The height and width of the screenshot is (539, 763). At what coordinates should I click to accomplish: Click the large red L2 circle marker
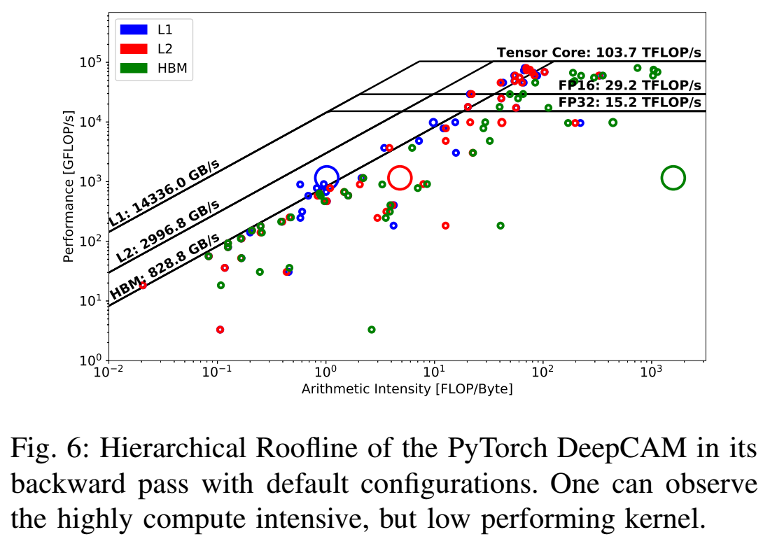coord(399,178)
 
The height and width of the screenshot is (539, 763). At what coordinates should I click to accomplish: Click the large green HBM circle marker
coord(673,178)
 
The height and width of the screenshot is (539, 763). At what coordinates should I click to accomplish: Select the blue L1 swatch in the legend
coord(134,30)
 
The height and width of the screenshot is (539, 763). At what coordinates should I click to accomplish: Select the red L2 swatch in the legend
coord(134,49)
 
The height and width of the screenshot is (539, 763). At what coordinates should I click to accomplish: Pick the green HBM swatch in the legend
coord(134,68)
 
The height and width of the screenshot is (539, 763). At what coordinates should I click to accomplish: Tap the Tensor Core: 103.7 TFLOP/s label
coord(598,53)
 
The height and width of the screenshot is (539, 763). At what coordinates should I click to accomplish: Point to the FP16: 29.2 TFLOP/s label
coord(629,85)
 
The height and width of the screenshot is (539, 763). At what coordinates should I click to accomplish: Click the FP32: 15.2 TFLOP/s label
coord(629,102)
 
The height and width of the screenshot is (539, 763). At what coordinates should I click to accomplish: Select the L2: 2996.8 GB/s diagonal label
coord(168,231)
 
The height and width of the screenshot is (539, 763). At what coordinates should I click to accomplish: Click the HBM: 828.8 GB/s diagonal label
coord(165,267)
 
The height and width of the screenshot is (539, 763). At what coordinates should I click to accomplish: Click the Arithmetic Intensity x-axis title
coord(407,389)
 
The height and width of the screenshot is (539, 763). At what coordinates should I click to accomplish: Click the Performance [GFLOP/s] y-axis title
coord(69,186)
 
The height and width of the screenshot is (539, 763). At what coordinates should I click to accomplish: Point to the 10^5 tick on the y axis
coord(90,62)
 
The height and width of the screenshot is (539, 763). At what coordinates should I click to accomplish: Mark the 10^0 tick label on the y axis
coord(90,361)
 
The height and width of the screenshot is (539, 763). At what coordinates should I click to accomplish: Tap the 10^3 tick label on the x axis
coord(651,372)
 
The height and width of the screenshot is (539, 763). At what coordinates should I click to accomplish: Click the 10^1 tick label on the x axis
coord(434,372)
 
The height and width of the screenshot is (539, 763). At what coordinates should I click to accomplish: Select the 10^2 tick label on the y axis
coord(90,241)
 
